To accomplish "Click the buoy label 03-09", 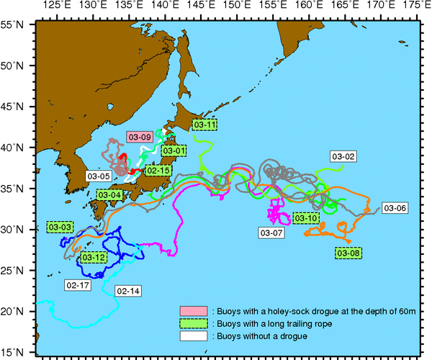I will click(x=140, y=136).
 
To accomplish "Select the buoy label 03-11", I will click(x=205, y=125).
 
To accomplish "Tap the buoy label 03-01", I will click(x=174, y=151).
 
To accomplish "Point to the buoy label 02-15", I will click(x=158, y=171).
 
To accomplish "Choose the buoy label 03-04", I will click(x=109, y=194).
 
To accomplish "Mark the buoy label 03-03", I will click(x=60, y=227).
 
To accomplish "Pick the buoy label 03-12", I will click(x=94, y=257).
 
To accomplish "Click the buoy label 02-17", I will click(x=77, y=285).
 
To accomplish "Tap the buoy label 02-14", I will click(x=127, y=291).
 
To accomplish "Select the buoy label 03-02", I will click(x=343, y=156).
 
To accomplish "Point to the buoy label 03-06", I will click(x=395, y=208).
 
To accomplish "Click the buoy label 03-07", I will click(x=271, y=233).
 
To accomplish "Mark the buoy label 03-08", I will click(x=348, y=253).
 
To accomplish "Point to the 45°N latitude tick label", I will click(x=17, y=107).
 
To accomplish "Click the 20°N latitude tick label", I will click(x=17, y=311).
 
